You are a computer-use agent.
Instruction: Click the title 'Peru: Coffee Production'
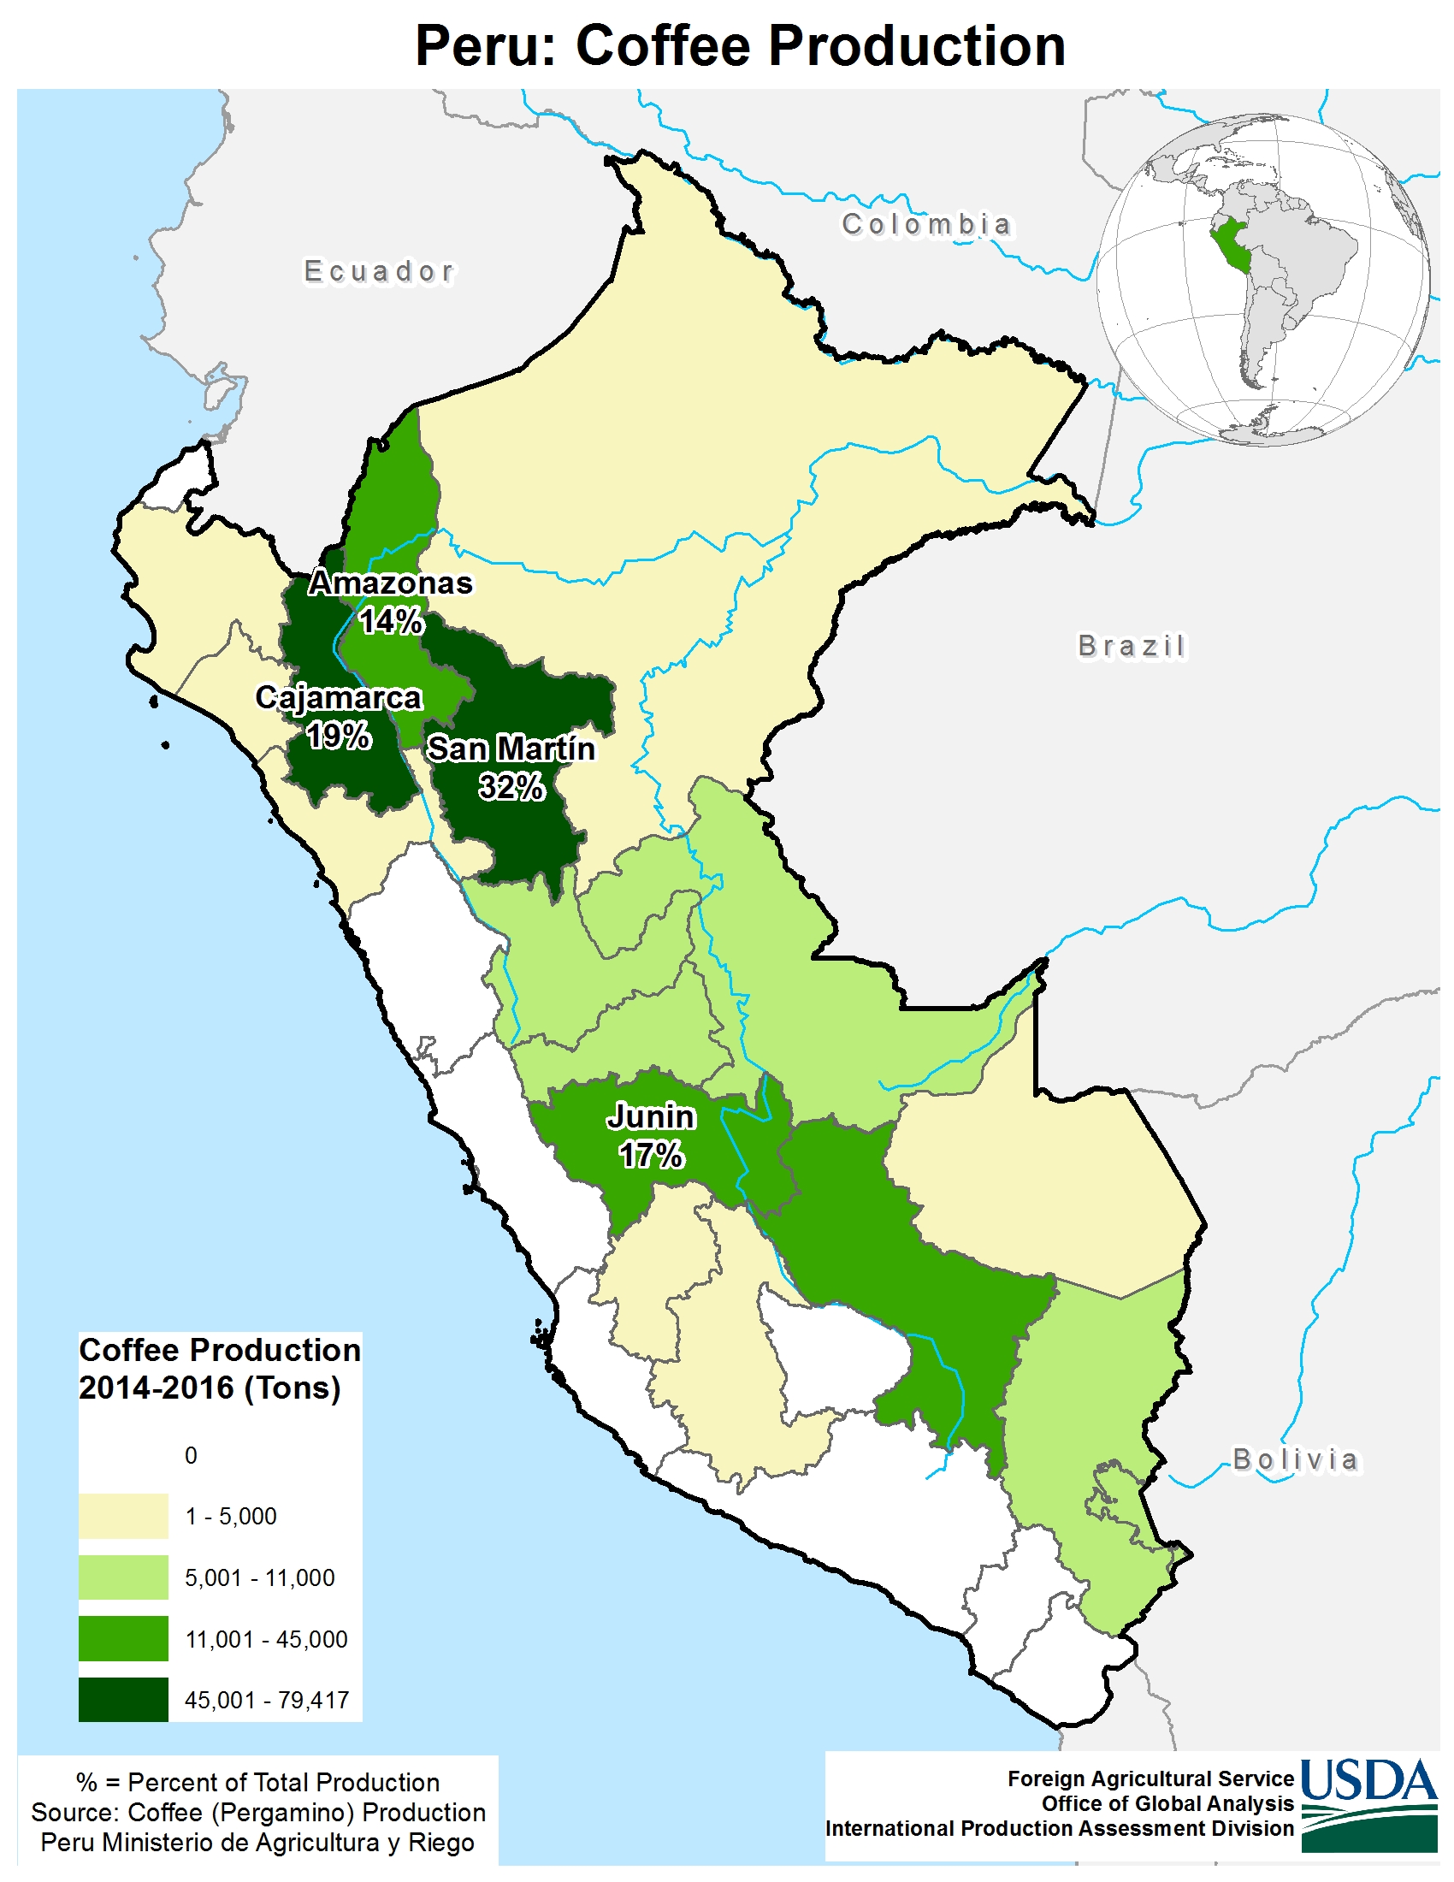pyautogui.click(x=739, y=45)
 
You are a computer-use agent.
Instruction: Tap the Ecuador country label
pyautogui.click(x=379, y=271)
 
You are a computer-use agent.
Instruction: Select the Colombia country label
pyautogui.click(x=926, y=225)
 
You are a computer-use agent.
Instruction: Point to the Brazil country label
pyautogui.click(x=1131, y=645)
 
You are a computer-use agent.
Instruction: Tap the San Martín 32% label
pyautogui.click(x=511, y=767)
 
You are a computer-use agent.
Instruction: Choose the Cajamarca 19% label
pyautogui.click(x=339, y=715)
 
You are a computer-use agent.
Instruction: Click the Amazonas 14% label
pyautogui.click(x=391, y=601)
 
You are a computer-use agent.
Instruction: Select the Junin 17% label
pyautogui.click(x=650, y=1134)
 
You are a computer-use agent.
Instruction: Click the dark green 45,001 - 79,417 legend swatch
pyautogui.click(x=123, y=1699)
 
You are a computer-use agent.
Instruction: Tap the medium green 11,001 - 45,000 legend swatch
pyautogui.click(x=123, y=1638)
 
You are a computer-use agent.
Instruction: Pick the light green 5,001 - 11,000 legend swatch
pyautogui.click(x=123, y=1577)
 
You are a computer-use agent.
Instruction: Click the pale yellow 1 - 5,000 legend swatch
pyautogui.click(x=123, y=1516)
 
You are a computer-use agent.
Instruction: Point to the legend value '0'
pyautogui.click(x=191, y=1455)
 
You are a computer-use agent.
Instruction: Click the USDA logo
pyautogui.click(x=1368, y=1803)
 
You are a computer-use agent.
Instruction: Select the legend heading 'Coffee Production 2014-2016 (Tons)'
pyautogui.click(x=219, y=1369)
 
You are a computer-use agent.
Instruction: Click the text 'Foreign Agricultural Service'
pyautogui.click(x=1150, y=1778)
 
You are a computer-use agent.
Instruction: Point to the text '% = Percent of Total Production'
pyautogui.click(x=257, y=1782)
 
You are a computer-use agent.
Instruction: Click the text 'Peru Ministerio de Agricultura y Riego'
pyautogui.click(x=257, y=1843)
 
